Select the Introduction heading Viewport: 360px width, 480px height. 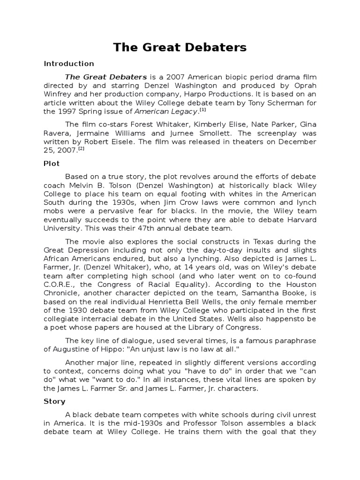pos(69,63)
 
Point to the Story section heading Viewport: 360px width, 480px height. pos(54,401)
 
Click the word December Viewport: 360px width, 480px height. pos(298,142)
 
